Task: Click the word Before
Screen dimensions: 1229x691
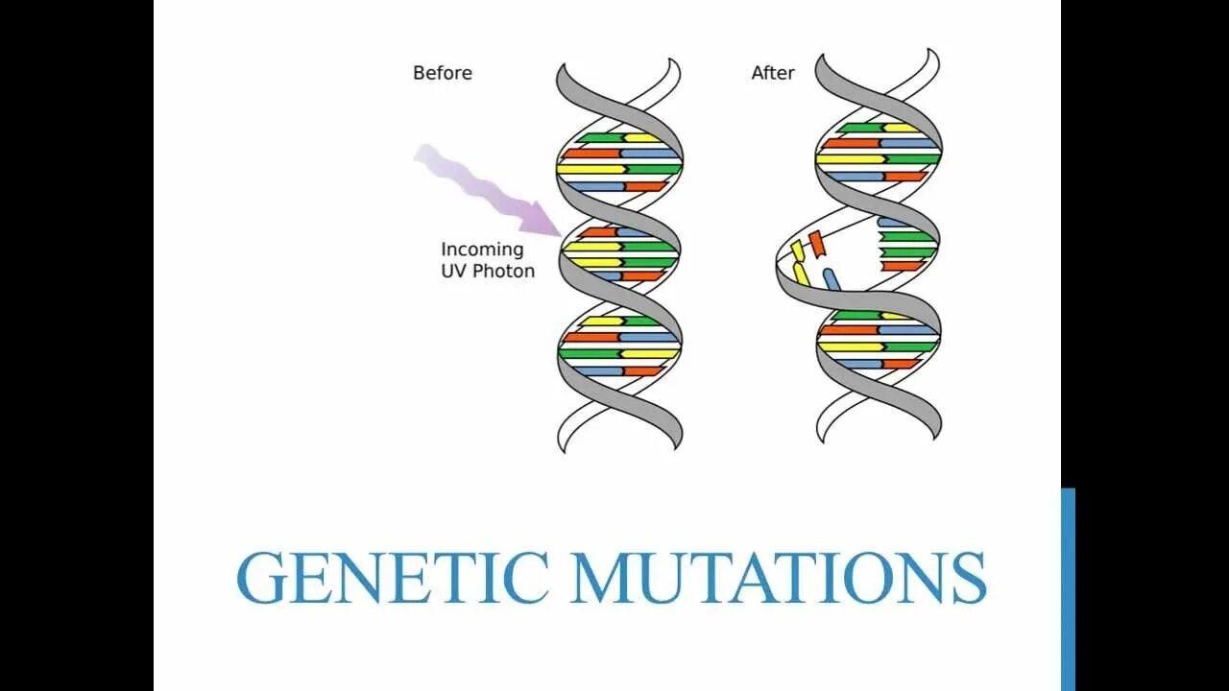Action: coord(442,73)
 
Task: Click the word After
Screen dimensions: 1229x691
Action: coord(772,73)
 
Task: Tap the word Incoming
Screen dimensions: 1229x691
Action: coord(482,250)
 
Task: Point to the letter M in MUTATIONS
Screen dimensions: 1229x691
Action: coord(605,578)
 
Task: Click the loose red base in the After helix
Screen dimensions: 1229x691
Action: coord(816,244)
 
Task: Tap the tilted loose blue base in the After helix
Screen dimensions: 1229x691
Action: coord(831,279)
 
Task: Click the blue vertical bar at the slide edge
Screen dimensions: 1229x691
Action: coord(1068,589)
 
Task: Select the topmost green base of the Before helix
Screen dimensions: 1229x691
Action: coord(601,137)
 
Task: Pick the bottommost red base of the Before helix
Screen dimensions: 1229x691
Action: coord(641,371)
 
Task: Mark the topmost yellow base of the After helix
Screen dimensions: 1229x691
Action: coord(901,128)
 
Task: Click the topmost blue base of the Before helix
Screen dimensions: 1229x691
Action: coord(649,153)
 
